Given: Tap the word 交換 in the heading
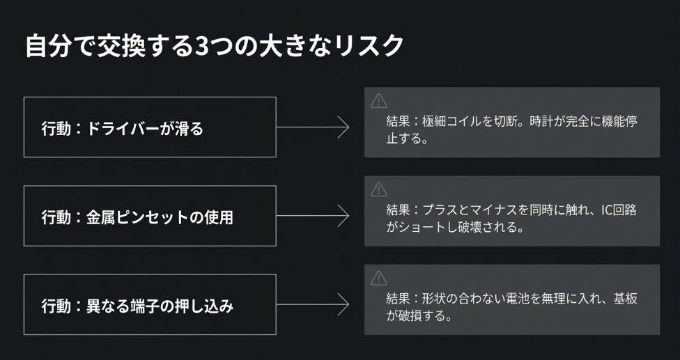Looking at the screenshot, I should tap(121, 47).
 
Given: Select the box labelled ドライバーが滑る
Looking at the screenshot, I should tap(150, 127).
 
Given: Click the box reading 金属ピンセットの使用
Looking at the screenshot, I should tap(150, 216).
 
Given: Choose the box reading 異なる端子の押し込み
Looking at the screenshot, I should tap(150, 304).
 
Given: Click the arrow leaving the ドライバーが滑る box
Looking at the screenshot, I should tap(314, 127).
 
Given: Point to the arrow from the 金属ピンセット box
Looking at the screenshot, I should tap(314, 216).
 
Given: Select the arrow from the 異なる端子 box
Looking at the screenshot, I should tap(314, 304).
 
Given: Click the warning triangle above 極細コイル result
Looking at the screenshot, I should tap(378, 100).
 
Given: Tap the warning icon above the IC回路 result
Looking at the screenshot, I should tap(378, 189).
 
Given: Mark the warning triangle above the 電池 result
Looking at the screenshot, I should tap(378, 278).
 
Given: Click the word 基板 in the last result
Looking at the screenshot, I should tap(626, 299).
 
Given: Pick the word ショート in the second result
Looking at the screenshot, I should tap(415, 227).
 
